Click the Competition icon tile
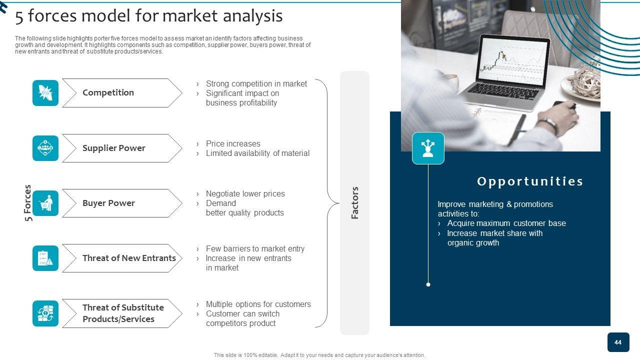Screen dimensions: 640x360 [x=45, y=93]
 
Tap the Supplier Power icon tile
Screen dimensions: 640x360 [x=45, y=148]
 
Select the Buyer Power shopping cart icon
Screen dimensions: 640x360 [x=45, y=203]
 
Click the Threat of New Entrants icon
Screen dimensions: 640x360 [x=45, y=258]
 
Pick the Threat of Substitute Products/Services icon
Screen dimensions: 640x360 [x=45, y=313]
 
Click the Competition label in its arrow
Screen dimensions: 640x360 [x=108, y=92]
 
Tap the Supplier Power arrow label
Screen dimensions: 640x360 [x=113, y=148]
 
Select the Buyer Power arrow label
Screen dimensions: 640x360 [x=108, y=203]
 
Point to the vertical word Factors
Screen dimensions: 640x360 [x=354, y=203]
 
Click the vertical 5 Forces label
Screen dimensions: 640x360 [x=27, y=203]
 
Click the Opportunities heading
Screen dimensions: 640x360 [x=530, y=181]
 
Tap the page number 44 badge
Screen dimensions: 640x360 [x=618, y=342]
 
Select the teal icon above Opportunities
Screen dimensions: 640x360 [x=428, y=148]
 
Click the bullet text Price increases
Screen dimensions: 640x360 [x=233, y=143]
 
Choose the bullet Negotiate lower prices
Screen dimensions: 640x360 [x=245, y=193]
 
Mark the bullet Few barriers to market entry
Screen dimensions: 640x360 [x=255, y=249]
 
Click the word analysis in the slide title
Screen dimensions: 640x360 [x=252, y=16]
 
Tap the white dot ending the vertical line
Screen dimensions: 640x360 [x=428, y=284]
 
